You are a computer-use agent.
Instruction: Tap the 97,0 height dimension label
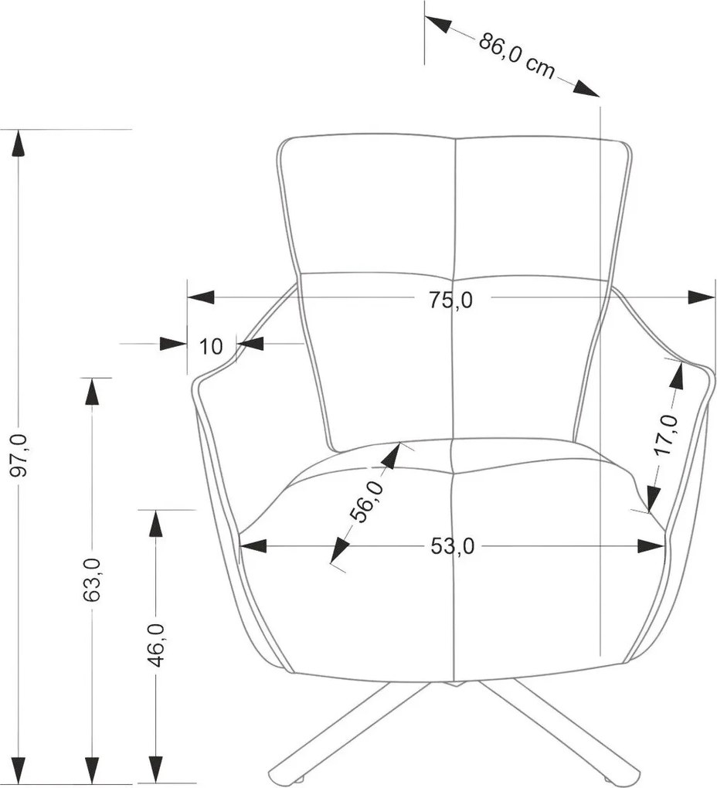[21, 455]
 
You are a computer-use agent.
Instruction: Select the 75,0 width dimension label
[450, 301]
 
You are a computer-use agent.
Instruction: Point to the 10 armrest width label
[211, 346]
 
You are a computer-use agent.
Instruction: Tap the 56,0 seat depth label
[366, 501]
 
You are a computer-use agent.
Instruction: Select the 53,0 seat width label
[452, 546]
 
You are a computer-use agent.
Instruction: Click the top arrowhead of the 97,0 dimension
[19, 144]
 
